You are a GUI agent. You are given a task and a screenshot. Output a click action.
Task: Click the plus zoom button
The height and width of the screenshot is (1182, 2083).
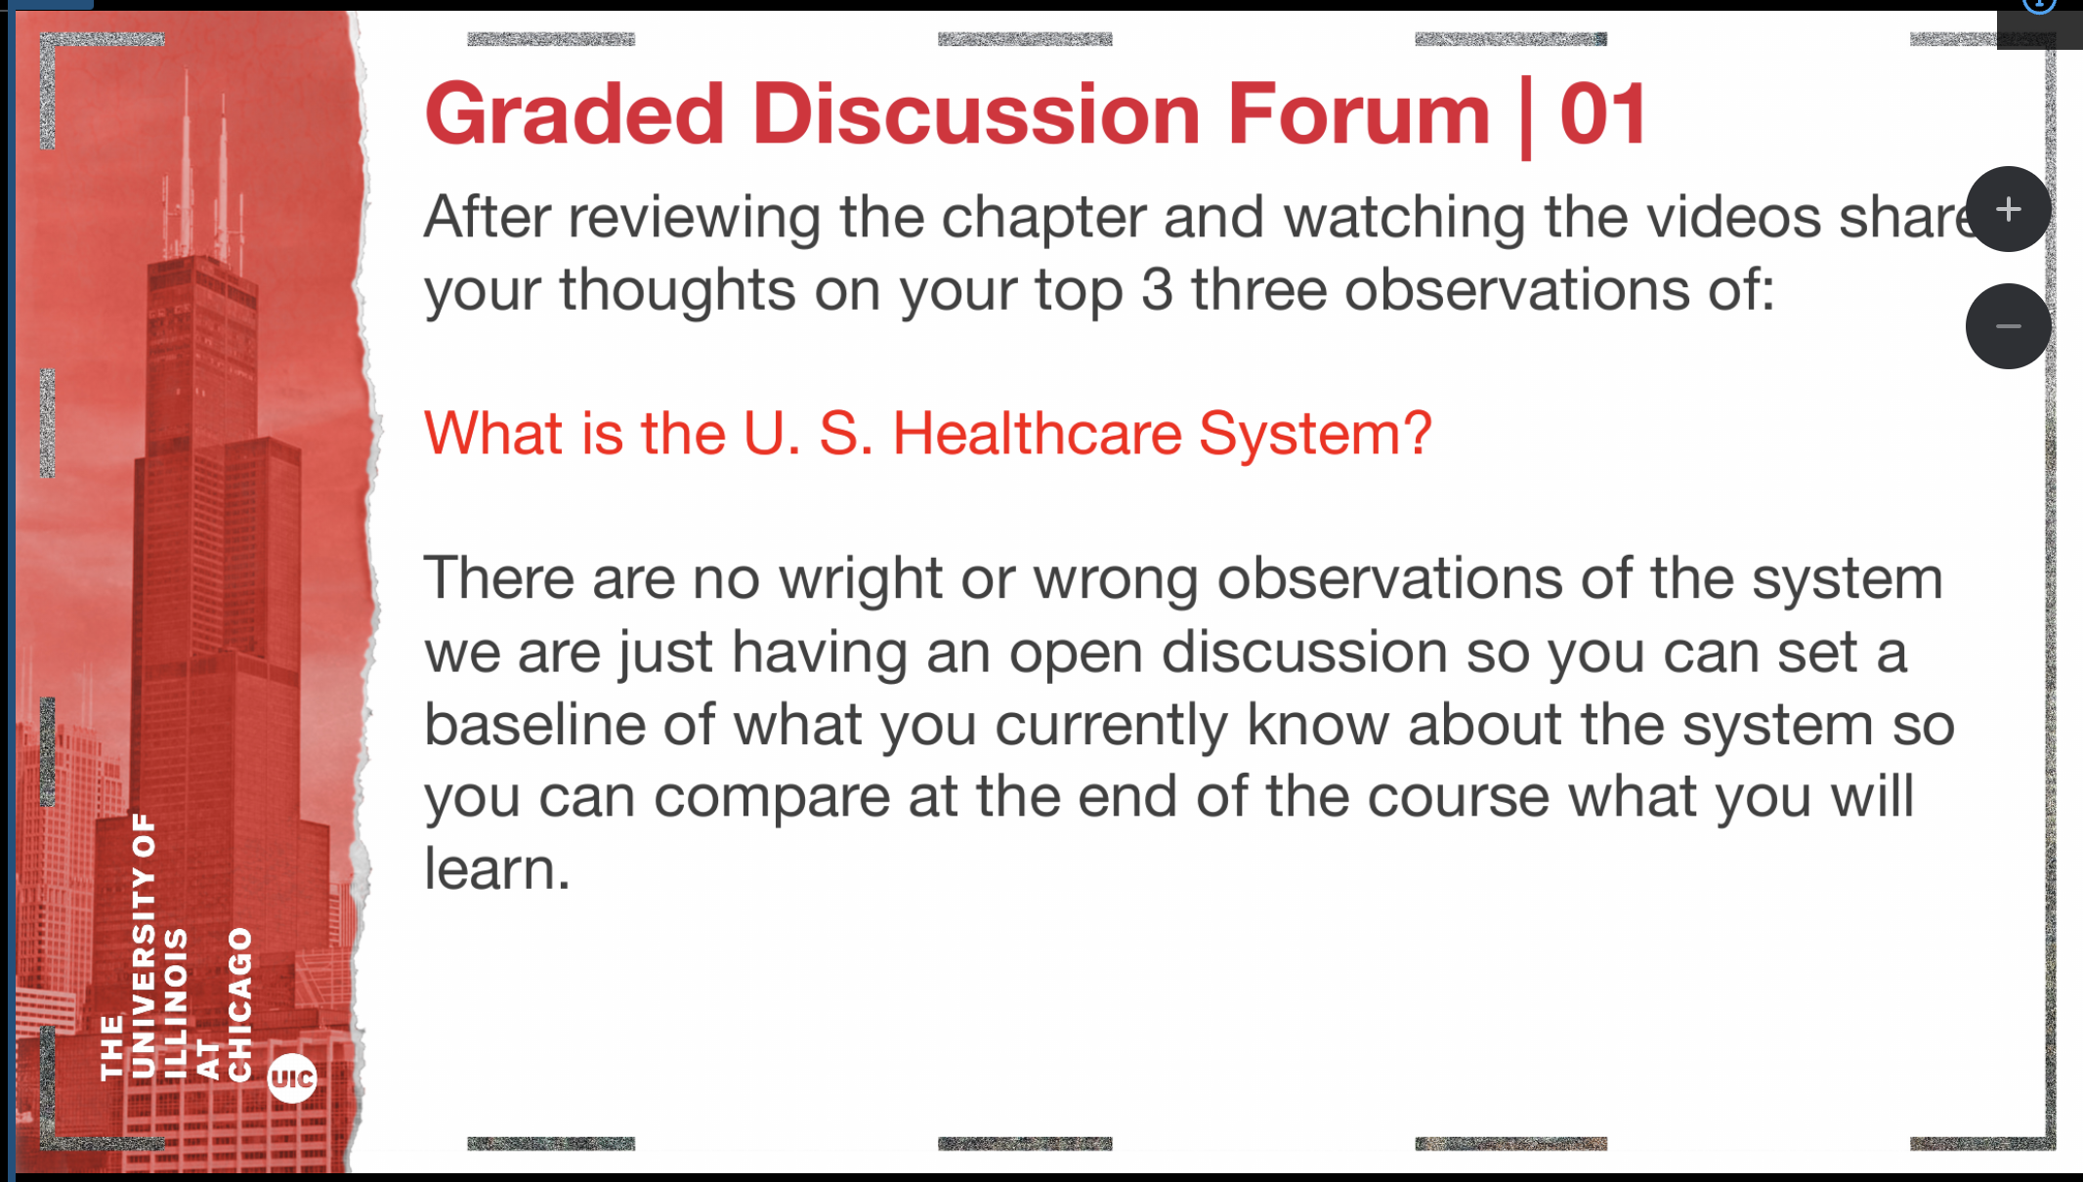[x=2008, y=209]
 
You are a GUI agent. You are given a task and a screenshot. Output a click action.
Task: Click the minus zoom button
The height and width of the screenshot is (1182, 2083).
[x=2008, y=326]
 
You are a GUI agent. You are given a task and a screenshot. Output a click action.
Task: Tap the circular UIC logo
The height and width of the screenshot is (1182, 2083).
[x=292, y=1078]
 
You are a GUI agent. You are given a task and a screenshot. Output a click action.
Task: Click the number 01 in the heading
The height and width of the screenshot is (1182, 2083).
[x=1603, y=115]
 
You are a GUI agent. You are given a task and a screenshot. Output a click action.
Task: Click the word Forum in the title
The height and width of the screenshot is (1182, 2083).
[x=1358, y=115]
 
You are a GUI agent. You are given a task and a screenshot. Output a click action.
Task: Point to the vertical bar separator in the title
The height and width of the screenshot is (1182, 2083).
[x=1526, y=117]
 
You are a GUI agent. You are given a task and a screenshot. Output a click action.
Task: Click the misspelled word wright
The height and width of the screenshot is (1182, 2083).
[x=860, y=579]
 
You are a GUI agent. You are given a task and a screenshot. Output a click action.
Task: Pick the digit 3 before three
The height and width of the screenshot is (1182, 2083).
[x=1157, y=290]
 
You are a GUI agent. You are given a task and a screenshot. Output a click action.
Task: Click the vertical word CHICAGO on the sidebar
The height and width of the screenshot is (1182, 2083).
[x=240, y=1003]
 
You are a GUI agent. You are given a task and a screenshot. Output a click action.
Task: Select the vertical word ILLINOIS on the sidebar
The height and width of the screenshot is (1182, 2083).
[x=176, y=1003]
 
